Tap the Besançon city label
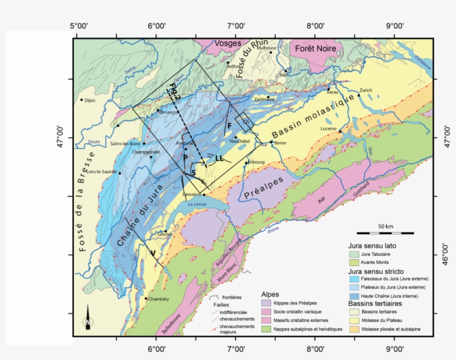click(168, 112)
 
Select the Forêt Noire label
click(316, 48)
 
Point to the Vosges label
click(227, 43)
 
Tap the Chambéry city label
click(158, 299)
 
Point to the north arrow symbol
click(88, 319)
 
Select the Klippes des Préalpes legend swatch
click(266, 303)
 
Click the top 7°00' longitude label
click(236, 26)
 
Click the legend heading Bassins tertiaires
click(375, 304)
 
